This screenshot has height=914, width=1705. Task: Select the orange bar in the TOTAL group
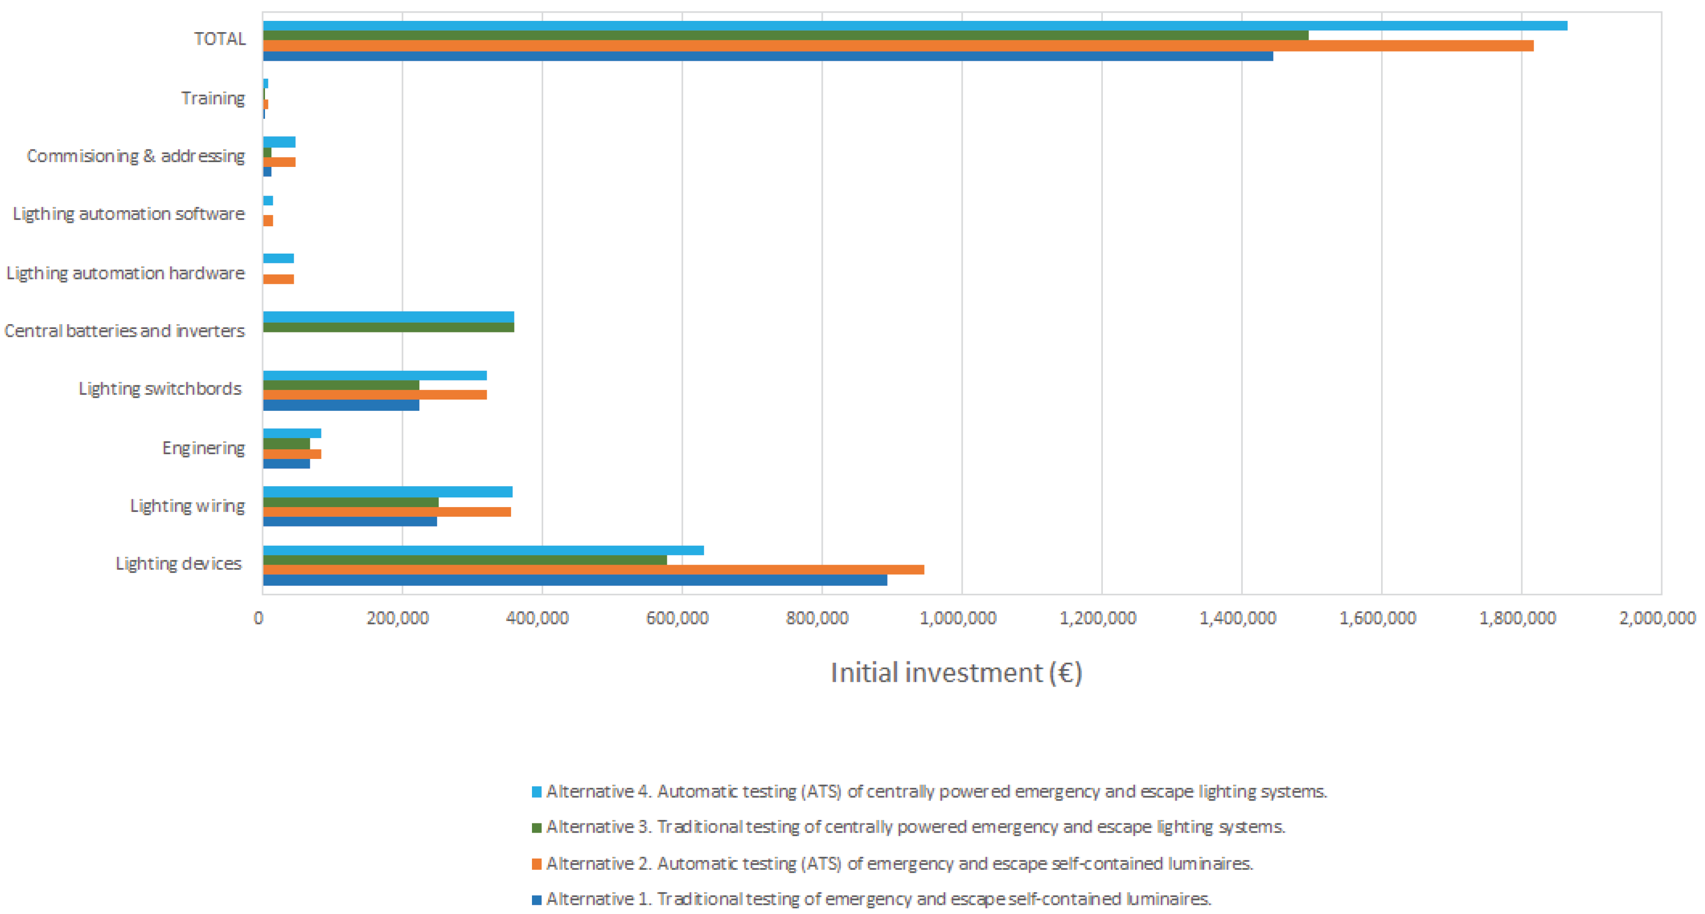897,46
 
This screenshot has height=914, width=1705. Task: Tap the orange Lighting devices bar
592,570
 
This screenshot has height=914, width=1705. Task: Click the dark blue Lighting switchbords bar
341,405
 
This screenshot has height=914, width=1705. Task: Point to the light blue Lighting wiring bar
387,492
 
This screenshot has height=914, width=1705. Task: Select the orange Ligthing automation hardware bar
278,279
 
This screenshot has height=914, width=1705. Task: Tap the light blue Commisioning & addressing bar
279,142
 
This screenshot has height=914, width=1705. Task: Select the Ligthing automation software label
129,214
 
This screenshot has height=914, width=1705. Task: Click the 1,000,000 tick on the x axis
958,618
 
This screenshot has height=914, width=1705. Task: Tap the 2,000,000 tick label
1657,618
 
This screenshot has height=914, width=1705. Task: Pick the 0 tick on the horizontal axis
258,618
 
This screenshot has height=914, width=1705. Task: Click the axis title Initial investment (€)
956,673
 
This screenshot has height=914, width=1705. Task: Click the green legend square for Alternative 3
537,828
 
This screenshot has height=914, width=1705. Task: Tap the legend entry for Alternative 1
878,899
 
